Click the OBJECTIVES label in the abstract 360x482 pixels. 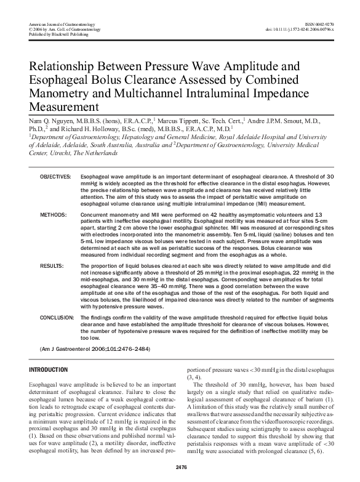pos(56,177)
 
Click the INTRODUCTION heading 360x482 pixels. pos(49,369)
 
